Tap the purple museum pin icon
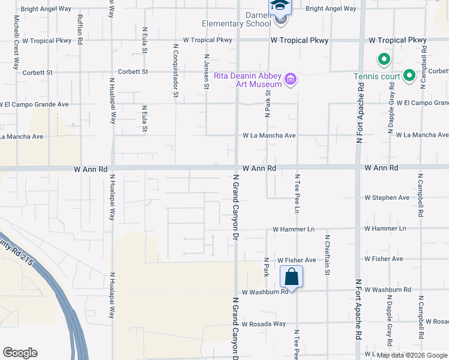pos(291,79)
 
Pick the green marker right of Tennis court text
pos(409,76)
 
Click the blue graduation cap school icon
pos(280,6)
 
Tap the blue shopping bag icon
pos(291,277)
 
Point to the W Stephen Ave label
pos(387,197)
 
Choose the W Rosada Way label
pos(264,324)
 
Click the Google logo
pos(20,353)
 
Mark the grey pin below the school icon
pos(280,20)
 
